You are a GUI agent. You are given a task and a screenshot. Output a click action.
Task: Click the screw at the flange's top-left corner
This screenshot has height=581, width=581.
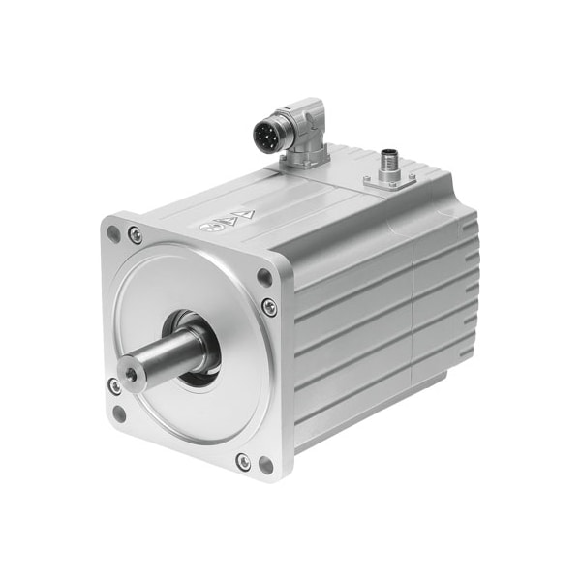(x=135, y=234)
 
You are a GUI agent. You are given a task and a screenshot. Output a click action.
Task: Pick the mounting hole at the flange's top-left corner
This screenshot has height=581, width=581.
(x=113, y=233)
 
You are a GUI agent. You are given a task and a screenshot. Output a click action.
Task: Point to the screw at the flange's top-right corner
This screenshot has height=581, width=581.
(x=269, y=307)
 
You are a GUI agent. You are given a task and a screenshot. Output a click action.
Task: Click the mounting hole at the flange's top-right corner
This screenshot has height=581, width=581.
(x=263, y=277)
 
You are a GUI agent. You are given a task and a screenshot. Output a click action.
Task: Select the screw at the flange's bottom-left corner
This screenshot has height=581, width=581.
(x=114, y=386)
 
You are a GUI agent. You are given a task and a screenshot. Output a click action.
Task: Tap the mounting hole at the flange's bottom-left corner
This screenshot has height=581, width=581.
(x=118, y=414)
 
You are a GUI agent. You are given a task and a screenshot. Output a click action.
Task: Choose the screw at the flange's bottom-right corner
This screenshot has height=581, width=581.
(x=242, y=462)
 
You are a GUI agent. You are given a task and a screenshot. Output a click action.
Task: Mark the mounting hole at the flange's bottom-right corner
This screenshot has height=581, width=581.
(x=265, y=465)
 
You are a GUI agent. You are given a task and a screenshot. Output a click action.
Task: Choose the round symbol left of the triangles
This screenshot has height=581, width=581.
(x=205, y=227)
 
